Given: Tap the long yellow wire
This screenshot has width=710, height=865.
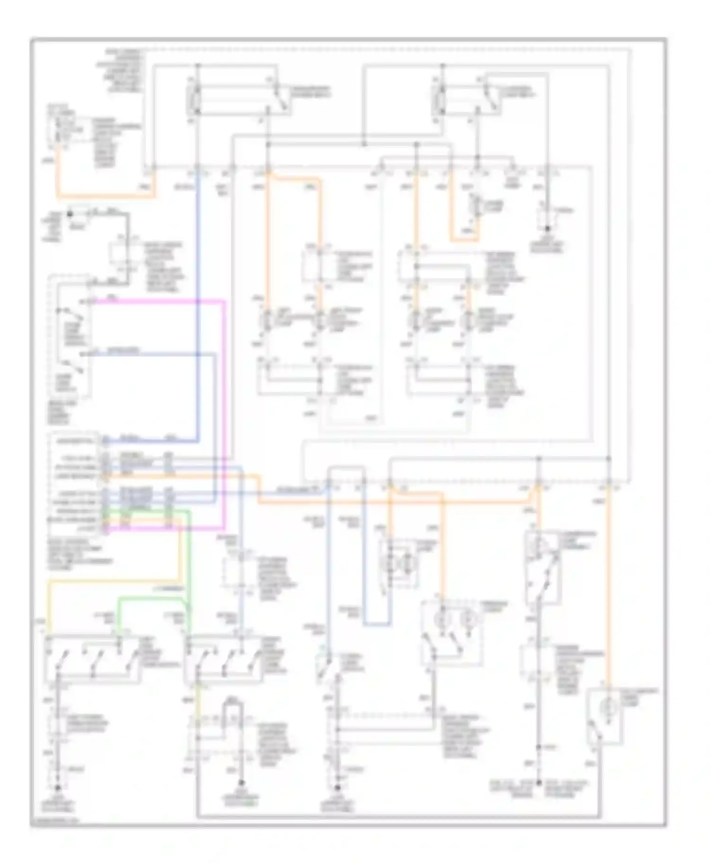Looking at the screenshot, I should point(114,581).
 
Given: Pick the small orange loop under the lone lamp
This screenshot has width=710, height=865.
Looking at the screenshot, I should point(464,239).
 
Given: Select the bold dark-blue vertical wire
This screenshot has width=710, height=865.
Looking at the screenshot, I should point(197,303).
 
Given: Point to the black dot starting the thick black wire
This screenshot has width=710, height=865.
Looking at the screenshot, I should point(70,214).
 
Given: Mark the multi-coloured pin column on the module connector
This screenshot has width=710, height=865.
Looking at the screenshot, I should point(105,485).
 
